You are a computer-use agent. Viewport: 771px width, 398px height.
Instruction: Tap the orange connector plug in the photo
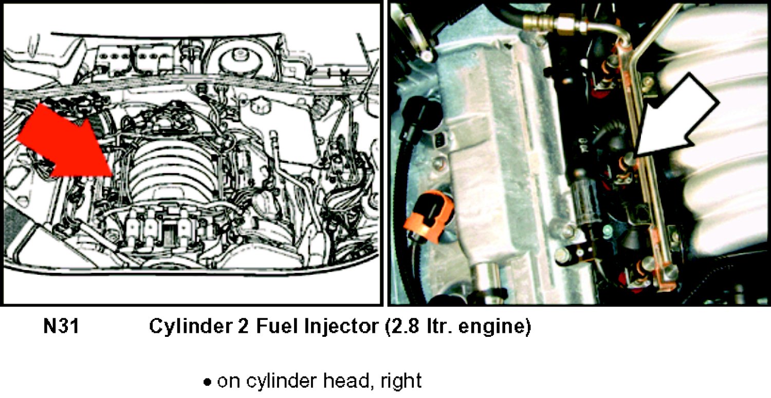pos(429,216)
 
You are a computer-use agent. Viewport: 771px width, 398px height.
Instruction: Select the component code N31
pos(61,326)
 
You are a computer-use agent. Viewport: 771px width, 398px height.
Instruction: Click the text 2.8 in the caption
pos(405,326)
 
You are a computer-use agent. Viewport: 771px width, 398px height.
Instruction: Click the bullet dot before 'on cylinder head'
pos(207,382)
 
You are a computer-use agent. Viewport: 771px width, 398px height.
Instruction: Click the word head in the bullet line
pos(347,381)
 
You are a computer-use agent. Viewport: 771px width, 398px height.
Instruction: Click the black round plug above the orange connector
pos(425,112)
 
